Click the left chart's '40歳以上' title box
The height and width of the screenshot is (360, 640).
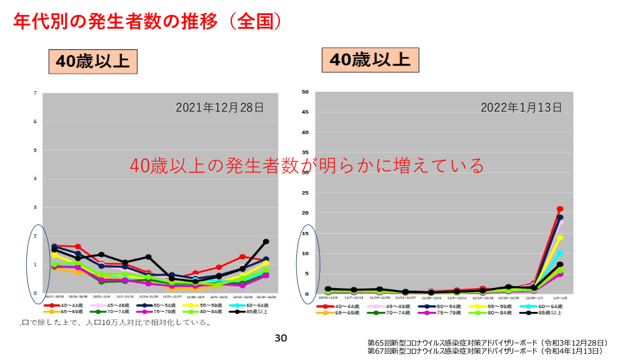92,61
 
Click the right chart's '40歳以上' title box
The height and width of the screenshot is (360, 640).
370,59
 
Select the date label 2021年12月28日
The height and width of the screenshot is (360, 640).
220,107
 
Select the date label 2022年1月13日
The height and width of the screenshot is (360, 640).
521,107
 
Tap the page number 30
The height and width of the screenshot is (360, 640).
281,338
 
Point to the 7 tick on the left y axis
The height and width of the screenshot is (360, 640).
36,93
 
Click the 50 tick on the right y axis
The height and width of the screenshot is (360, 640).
306,92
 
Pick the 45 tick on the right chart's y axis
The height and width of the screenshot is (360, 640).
306,112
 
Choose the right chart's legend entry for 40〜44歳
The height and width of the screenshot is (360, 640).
344,306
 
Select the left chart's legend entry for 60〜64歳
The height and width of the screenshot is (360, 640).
243,306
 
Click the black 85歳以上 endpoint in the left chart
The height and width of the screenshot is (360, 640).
266,241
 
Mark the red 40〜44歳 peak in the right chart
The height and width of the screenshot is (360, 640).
560,209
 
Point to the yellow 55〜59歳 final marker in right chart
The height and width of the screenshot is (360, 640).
560,237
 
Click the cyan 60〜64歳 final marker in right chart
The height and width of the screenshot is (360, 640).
560,253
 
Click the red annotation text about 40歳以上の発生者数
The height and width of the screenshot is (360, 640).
307,166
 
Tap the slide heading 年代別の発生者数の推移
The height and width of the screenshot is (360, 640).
147,22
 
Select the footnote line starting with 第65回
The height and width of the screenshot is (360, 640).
487,343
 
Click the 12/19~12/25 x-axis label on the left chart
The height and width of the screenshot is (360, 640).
266,297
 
